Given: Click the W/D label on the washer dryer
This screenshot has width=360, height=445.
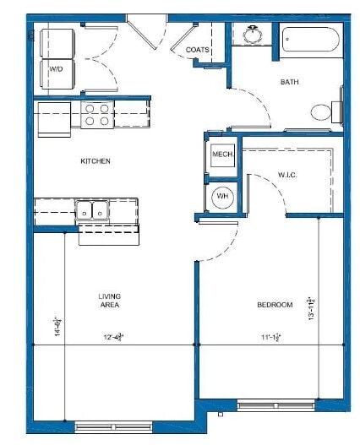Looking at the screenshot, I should pyautogui.click(x=56, y=68).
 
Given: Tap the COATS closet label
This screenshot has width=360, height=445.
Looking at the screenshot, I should pyautogui.click(x=198, y=50).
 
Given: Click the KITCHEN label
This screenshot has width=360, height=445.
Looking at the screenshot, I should pyautogui.click(x=95, y=160).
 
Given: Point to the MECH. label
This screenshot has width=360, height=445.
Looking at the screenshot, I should pyautogui.click(x=222, y=155).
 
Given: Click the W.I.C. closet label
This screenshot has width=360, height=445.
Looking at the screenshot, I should pyautogui.click(x=287, y=176).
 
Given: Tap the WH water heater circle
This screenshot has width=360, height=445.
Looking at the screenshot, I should pyautogui.click(x=222, y=196).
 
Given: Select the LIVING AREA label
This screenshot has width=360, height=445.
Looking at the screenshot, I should pyautogui.click(x=109, y=301).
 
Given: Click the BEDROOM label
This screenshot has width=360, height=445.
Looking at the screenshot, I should pyautogui.click(x=275, y=305).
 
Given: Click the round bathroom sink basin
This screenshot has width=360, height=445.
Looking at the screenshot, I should pyautogui.click(x=251, y=35).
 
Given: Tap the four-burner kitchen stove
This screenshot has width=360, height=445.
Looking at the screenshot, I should pyautogui.click(x=98, y=114).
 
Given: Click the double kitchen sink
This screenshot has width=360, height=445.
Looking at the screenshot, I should pyautogui.click(x=90, y=209).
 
